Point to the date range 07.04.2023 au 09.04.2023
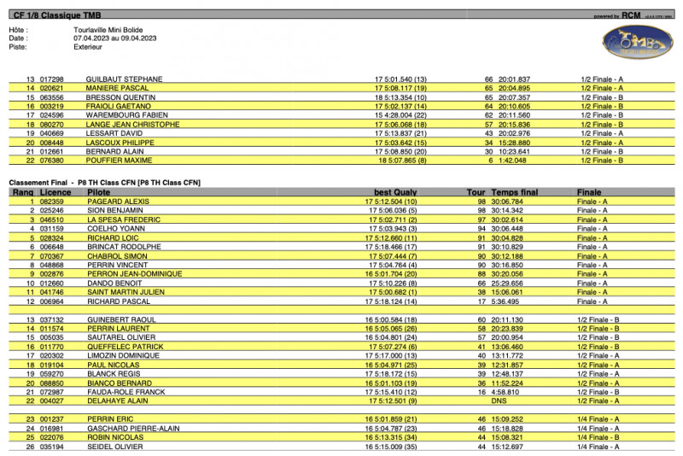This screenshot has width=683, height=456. coord(115,38)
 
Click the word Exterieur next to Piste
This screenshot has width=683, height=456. coord(90,47)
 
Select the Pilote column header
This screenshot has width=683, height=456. coord(99,193)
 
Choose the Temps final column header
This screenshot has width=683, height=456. coord(515,193)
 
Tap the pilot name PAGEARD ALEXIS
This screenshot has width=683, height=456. coord(118,202)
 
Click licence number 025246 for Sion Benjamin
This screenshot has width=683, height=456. coord(52,210)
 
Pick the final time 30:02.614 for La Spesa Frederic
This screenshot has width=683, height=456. coord(507,219)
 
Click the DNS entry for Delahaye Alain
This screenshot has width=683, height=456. coord(499,400)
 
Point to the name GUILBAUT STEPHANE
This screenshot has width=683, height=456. coord(125,79)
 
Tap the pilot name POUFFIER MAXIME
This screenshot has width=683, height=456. coord(119,160)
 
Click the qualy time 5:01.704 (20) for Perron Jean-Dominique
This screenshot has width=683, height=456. coord(394,274)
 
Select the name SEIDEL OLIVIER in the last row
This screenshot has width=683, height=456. coord(117,447)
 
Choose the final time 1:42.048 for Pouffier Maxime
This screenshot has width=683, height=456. coord(507,160)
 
